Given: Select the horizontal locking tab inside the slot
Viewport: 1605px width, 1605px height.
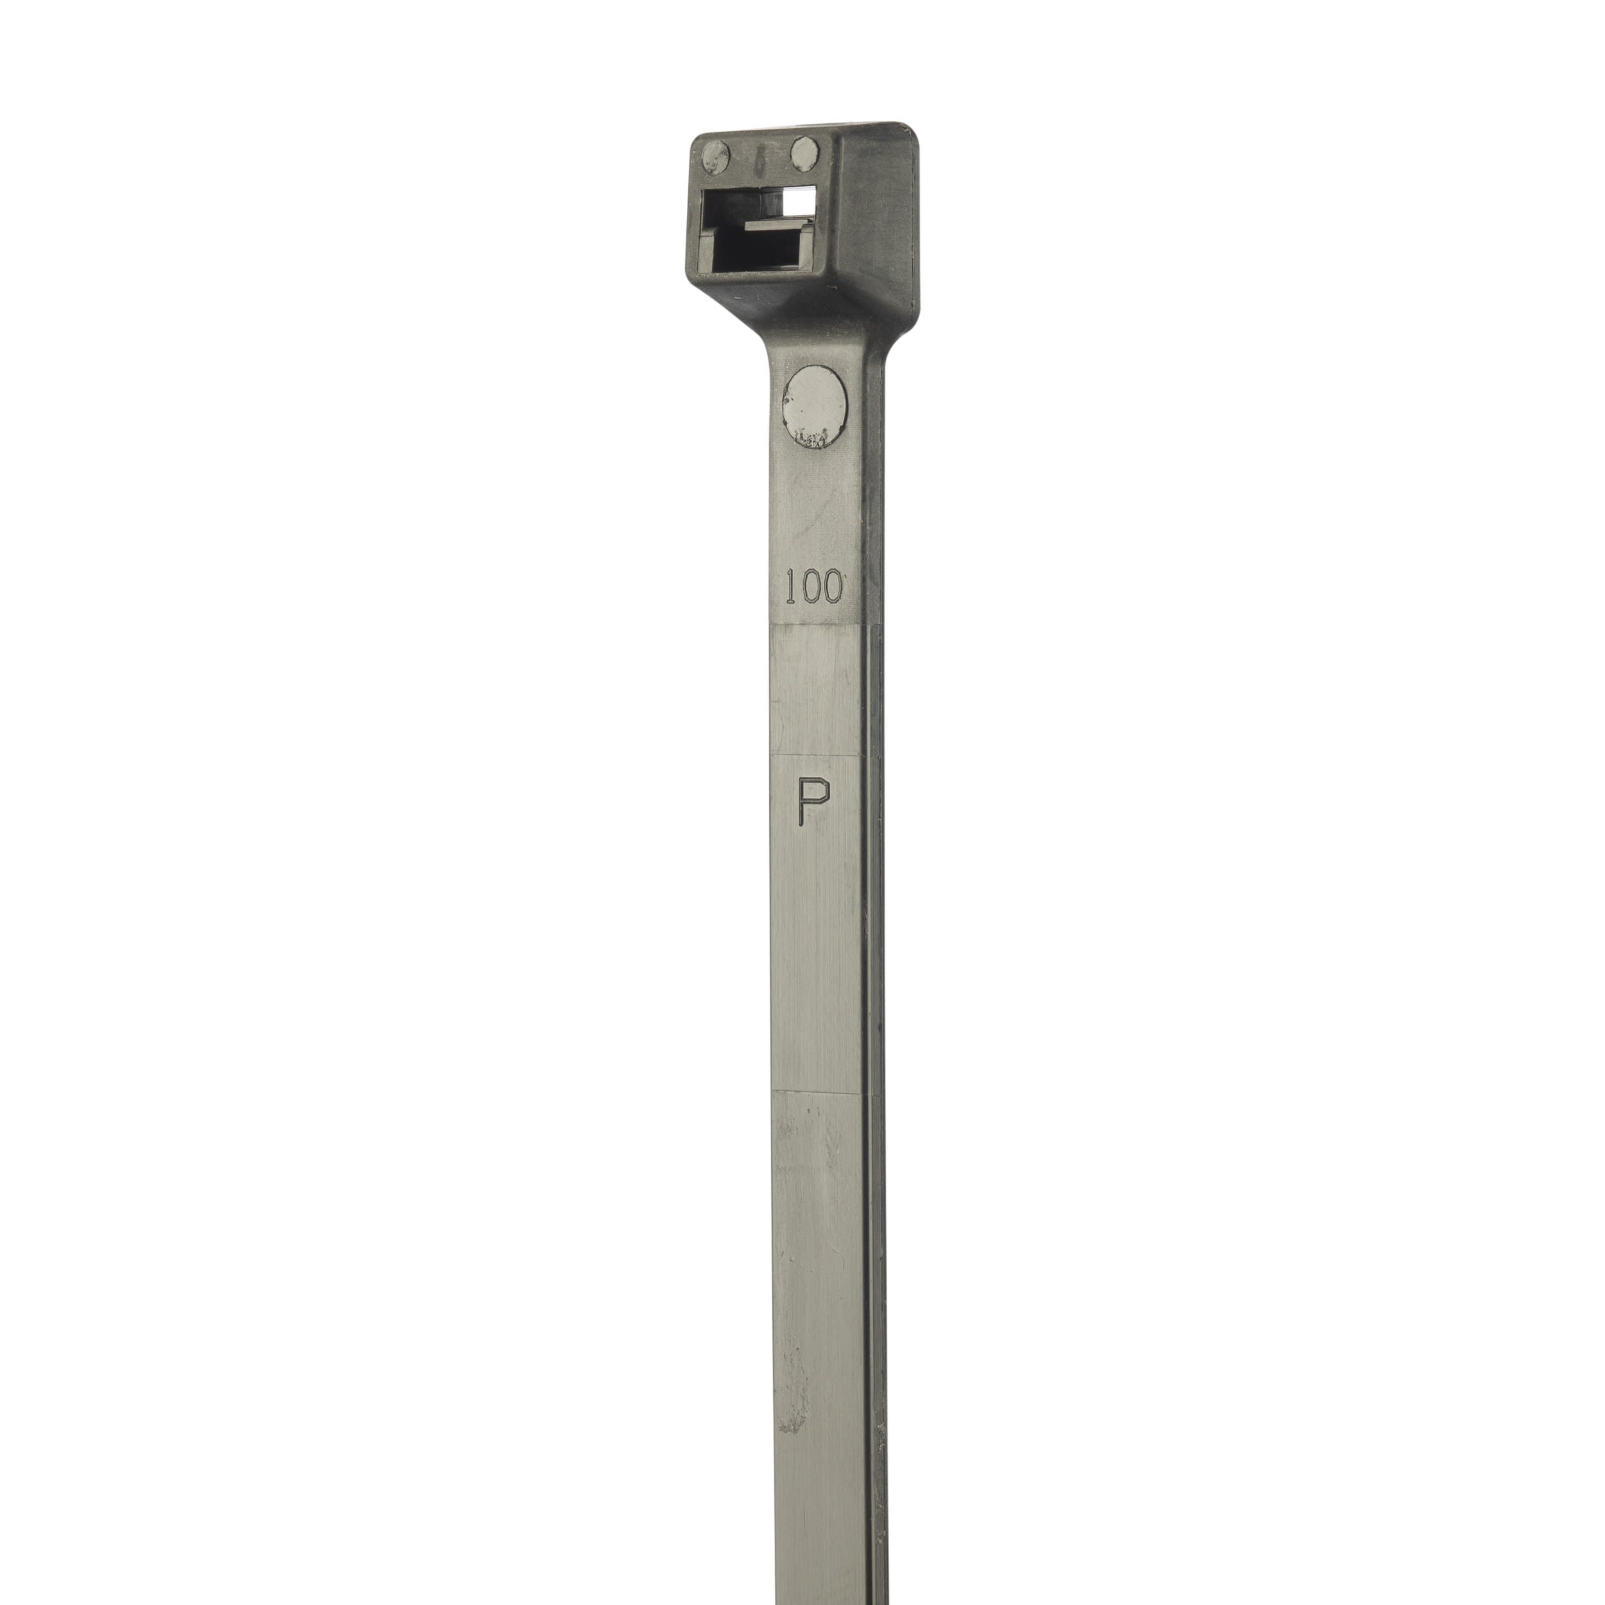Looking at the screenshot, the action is [777, 224].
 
